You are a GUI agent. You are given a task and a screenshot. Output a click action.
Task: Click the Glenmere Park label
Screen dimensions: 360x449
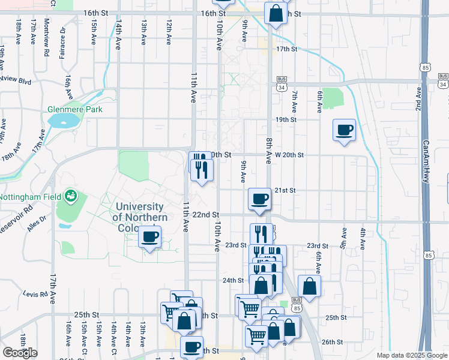tap(75, 109)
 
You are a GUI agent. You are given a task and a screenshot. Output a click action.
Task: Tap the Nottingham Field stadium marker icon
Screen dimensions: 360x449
tap(71, 195)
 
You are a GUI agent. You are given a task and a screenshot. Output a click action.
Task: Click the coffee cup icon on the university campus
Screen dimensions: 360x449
tap(150, 236)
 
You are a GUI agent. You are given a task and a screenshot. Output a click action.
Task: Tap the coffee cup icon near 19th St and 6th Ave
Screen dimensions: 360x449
tap(345, 130)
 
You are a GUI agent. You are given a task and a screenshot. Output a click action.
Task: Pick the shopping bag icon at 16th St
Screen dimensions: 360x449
tap(276, 13)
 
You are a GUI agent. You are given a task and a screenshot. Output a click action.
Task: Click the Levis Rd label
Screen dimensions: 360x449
tap(35, 294)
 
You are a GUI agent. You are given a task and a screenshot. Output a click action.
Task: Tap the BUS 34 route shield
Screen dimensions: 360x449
tap(282, 83)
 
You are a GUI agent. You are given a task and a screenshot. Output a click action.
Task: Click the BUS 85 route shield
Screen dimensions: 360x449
tap(296, 304)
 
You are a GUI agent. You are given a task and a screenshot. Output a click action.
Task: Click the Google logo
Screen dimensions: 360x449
tap(20, 353)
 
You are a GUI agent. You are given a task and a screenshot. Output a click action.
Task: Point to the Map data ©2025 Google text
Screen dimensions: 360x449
tap(411, 355)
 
